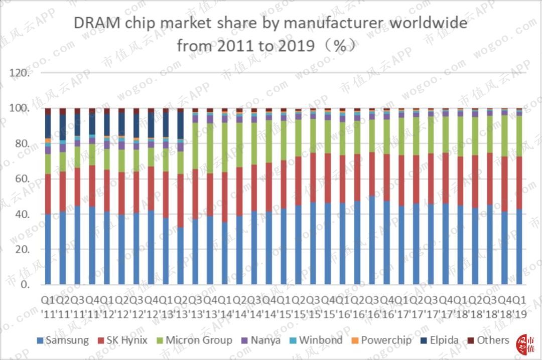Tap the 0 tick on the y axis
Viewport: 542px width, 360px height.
(27, 285)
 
